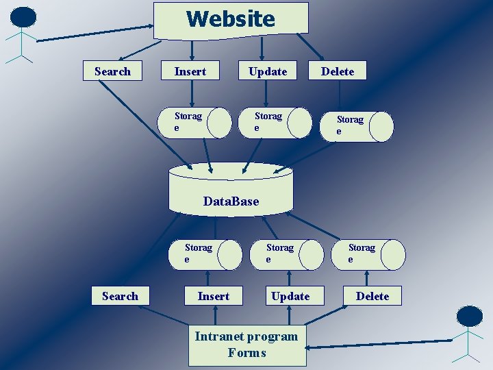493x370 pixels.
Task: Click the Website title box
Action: pyautogui.click(x=231, y=18)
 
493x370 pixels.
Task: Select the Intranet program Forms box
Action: pyautogui.click(x=247, y=345)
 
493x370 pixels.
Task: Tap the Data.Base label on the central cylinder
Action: pyautogui.click(x=231, y=201)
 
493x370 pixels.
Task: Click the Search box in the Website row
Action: pyautogui.click(x=112, y=71)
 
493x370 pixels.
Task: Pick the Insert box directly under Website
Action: pyautogui.click(x=190, y=71)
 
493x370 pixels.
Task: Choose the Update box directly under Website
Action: pyautogui.click(x=268, y=71)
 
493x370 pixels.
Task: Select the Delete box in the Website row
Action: pyautogui.click(x=338, y=71)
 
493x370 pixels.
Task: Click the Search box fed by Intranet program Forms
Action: pyautogui.click(x=120, y=296)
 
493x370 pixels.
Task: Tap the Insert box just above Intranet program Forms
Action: pyautogui.click(x=214, y=296)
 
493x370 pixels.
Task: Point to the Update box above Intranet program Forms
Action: pyautogui.click(x=290, y=296)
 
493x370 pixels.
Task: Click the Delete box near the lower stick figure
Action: pyautogui.click(x=372, y=296)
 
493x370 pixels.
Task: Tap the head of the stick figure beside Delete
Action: pyautogui.click(x=470, y=316)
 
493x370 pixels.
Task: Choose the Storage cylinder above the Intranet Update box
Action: pyautogui.click(x=293, y=254)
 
